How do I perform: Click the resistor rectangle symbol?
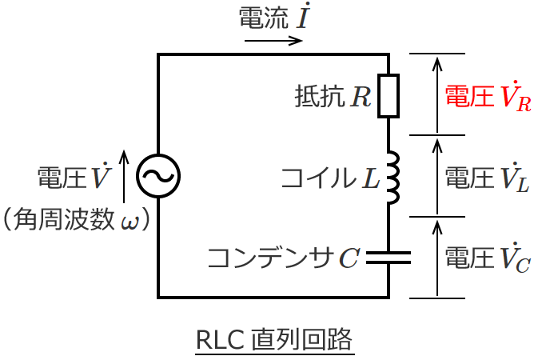click(x=388, y=96)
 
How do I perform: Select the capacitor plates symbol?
click(x=388, y=258)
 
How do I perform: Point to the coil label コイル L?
click(x=330, y=178)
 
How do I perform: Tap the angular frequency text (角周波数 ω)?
click(x=77, y=218)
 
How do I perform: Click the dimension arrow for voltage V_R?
click(x=436, y=94)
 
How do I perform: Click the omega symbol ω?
click(x=128, y=219)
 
